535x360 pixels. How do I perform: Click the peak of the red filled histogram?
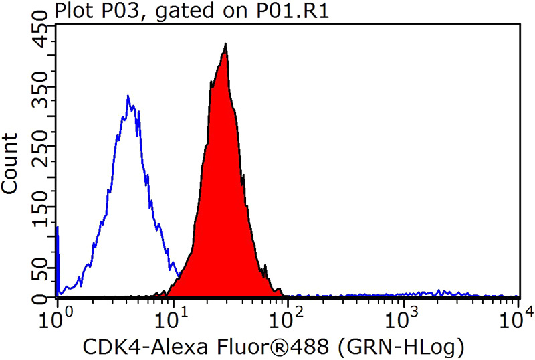226,45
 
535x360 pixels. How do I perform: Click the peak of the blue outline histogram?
128,96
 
